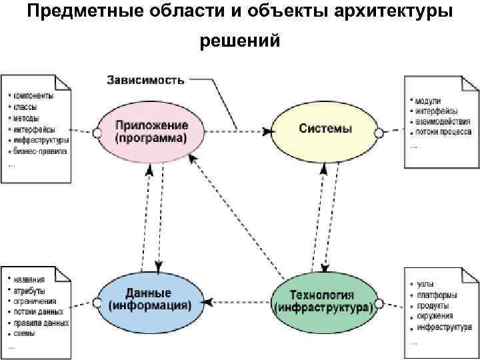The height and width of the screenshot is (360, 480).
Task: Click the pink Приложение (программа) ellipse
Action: tap(151, 131)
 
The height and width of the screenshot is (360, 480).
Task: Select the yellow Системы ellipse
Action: tap(325, 129)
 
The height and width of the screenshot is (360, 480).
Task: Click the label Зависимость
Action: tap(145, 80)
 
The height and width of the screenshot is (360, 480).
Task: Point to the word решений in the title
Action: tap(240, 41)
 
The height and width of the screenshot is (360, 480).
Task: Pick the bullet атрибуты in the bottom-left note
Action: tap(30, 291)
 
